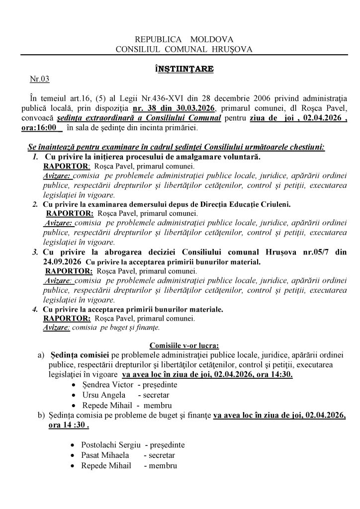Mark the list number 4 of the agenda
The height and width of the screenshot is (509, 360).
point(35,309)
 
